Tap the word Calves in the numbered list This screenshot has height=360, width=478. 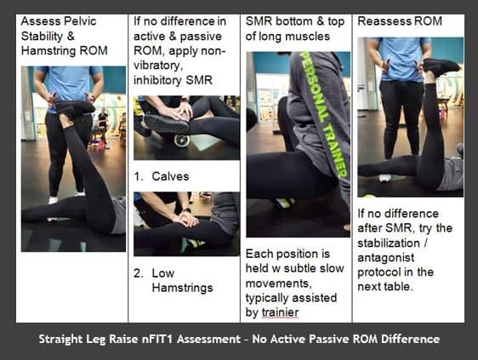click(x=170, y=176)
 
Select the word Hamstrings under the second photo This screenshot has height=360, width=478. click(x=182, y=288)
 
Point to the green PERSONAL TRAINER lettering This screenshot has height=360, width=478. click(x=323, y=114)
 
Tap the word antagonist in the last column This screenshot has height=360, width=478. click(x=385, y=258)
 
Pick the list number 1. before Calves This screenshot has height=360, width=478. click(x=139, y=176)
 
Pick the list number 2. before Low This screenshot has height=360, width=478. click(x=139, y=273)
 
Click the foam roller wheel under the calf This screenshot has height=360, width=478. click(x=182, y=140)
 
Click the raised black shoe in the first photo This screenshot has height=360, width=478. click(x=75, y=108)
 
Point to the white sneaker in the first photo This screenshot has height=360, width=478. click(x=53, y=200)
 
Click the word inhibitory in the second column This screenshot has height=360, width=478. click(x=158, y=80)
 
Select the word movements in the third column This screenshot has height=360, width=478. click(x=279, y=283)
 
